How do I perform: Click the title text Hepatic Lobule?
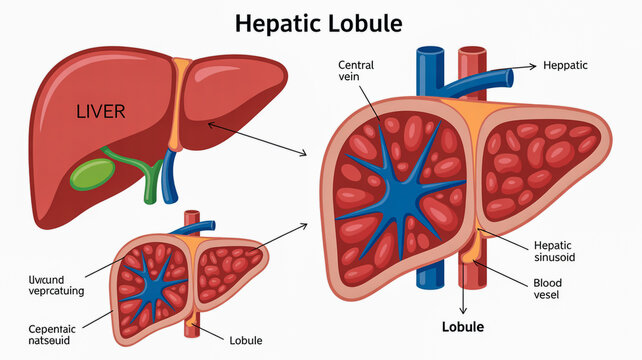click(320, 23)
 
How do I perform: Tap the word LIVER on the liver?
click(101, 111)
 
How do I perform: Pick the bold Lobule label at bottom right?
click(463, 328)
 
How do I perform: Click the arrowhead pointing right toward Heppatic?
click(532, 66)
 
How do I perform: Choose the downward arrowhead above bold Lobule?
click(464, 313)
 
